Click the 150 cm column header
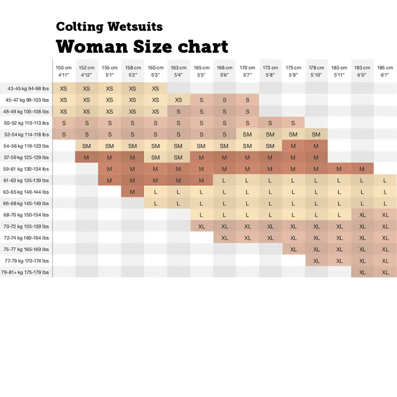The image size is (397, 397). pos(64,71)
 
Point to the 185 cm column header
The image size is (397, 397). pos(385,71)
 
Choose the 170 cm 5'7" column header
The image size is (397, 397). pos(247,71)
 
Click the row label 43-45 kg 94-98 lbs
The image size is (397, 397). pos(28,88)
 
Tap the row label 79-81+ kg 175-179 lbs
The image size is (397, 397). pos(25,272)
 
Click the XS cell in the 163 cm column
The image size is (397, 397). pos(178,100)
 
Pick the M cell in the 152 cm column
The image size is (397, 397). pos(86,157)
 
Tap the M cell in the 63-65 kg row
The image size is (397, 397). pos(132,192)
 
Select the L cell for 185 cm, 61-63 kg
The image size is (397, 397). pos(385,181)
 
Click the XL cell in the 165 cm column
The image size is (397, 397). pos(201,226)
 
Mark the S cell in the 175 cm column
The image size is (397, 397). pos(293,123)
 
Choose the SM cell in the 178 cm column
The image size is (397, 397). pos(316,134)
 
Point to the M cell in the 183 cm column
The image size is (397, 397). pos(362,169)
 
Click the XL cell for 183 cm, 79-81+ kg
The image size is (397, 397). pos(362,272)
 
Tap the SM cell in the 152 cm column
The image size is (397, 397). pos(86,146)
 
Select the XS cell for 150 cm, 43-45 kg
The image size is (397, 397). pos(64,88)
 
